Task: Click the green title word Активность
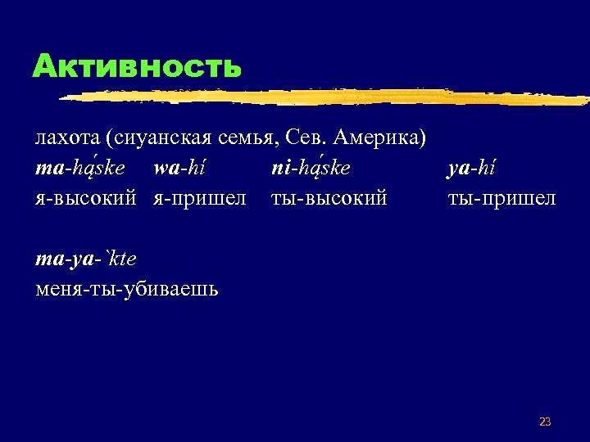coord(137,65)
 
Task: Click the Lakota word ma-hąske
coord(80,168)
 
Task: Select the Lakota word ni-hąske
coord(311,168)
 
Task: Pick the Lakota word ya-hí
coord(471,168)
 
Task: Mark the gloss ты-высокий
coord(329,199)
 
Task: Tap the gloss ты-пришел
coord(501,199)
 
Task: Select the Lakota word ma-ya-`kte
coord(86,259)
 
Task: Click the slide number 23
coord(545,422)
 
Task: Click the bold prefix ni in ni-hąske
coord(279,168)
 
